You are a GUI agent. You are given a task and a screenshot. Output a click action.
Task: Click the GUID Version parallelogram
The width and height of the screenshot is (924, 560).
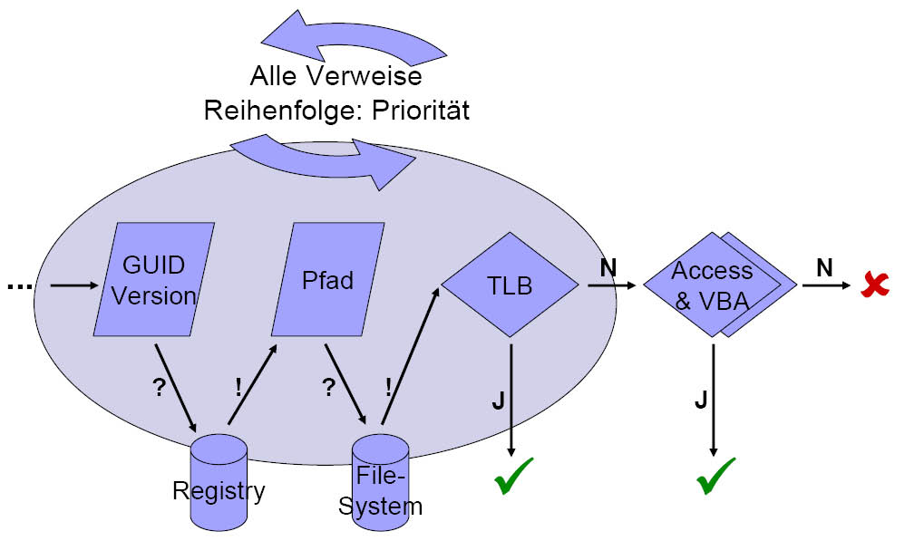[154, 281]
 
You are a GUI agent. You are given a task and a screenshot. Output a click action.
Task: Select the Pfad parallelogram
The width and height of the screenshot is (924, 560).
[327, 281]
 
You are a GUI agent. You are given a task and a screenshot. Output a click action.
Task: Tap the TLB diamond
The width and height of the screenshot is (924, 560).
[510, 285]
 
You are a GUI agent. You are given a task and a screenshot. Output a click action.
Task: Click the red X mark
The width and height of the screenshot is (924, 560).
[875, 285]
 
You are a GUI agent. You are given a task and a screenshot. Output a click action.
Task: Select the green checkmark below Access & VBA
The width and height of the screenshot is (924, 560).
[715, 476]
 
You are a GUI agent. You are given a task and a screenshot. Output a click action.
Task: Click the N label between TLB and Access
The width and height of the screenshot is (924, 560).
[608, 267]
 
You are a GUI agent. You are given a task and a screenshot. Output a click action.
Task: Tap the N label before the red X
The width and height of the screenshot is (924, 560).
[823, 267]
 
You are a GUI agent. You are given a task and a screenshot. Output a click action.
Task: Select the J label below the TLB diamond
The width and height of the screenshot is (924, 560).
[498, 401]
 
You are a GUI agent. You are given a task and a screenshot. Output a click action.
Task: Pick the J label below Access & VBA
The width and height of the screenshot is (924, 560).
[700, 401]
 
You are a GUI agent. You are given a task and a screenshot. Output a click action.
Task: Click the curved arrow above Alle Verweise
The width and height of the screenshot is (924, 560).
[354, 36]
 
